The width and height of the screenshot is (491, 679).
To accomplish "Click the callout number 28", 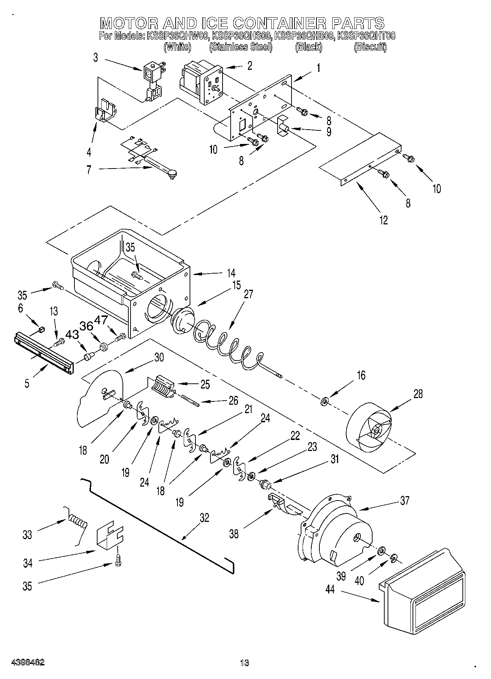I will [418, 394].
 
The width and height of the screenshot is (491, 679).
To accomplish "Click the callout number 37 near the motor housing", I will [404, 500].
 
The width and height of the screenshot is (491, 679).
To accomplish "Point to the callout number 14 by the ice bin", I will [231, 273].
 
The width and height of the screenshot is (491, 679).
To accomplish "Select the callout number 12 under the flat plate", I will [384, 220].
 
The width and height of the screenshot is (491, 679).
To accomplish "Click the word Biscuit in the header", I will [370, 47].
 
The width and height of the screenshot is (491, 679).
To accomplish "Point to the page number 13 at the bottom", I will [245, 662].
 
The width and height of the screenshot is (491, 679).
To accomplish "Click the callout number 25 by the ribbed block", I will [205, 384].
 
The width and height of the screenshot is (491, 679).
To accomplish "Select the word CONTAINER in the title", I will [279, 23].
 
